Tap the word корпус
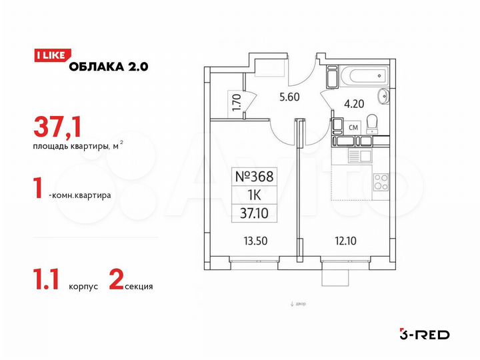84,287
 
